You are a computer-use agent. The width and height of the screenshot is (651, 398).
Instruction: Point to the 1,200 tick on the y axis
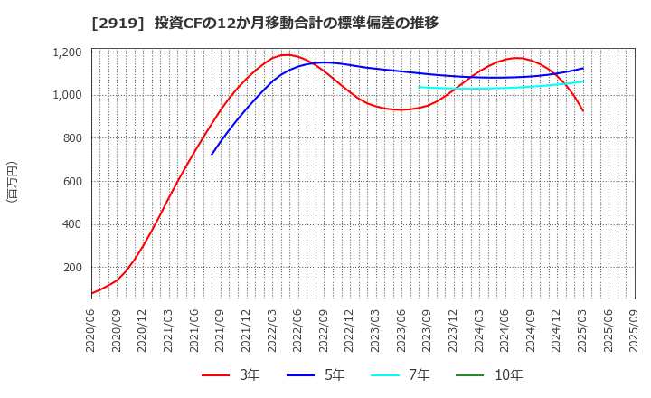click(x=67, y=52)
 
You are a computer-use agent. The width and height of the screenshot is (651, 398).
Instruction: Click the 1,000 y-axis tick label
click(x=67, y=95)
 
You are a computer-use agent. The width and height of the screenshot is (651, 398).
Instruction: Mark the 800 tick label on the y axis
click(x=72, y=138)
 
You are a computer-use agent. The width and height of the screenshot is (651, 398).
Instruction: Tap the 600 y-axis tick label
click(x=72, y=182)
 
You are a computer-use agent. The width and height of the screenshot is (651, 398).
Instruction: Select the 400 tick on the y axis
click(x=72, y=224)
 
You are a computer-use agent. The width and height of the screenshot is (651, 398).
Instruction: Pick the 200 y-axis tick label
click(x=72, y=268)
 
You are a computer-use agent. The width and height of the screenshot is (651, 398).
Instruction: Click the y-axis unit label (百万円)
click(x=12, y=182)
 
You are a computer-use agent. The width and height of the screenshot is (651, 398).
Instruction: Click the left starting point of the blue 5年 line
click(x=212, y=154)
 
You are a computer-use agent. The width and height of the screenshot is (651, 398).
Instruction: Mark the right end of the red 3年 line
click(x=583, y=111)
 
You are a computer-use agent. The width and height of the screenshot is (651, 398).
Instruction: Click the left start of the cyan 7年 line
click(x=419, y=87)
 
